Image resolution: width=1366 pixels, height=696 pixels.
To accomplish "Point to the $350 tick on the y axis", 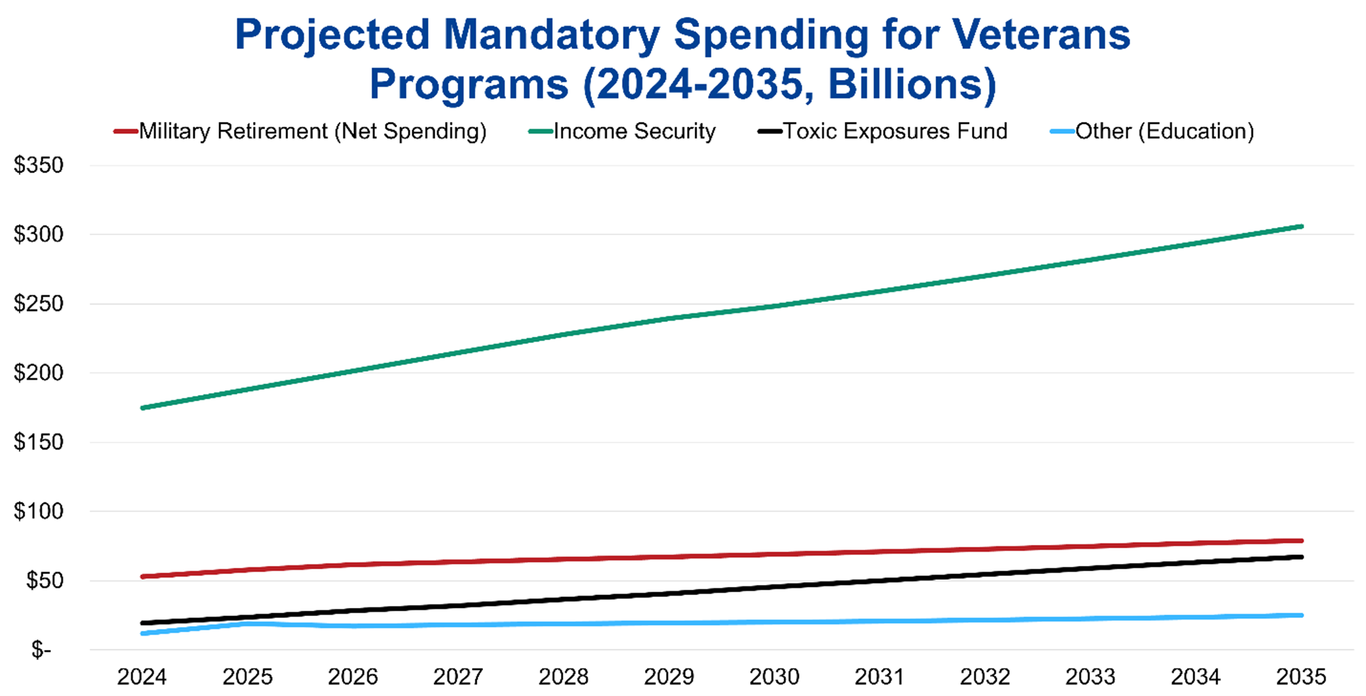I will pyautogui.click(x=39, y=165).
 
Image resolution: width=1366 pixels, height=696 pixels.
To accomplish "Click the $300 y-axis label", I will pyautogui.click(x=39, y=234).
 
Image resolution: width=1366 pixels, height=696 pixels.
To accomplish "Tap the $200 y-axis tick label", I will pyautogui.click(x=39, y=373).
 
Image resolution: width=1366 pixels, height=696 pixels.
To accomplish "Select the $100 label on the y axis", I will pyautogui.click(x=39, y=511).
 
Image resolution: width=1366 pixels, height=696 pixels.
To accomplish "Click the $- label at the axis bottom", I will pyautogui.click(x=41, y=650).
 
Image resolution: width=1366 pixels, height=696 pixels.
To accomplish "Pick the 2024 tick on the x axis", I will pyautogui.click(x=142, y=676).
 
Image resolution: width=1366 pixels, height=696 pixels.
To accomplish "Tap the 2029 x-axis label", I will pyautogui.click(x=669, y=676).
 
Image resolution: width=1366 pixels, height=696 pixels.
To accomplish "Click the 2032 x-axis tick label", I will pyautogui.click(x=985, y=676).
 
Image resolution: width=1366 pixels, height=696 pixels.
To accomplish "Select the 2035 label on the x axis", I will pyautogui.click(x=1301, y=676).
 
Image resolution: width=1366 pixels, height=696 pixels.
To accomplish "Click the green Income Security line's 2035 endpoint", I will pyautogui.click(x=1301, y=226).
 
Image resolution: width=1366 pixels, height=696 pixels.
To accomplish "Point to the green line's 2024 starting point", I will pyautogui.click(x=142, y=408).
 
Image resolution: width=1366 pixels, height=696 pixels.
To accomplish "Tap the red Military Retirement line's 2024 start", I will pyautogui.click(x=142, y=577).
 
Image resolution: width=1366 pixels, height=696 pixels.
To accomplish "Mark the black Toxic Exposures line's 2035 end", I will pyautogui.click(x=1301, y=557).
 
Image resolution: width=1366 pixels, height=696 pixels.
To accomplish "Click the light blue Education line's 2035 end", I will pyautogui.click(x=1301, y=615).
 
